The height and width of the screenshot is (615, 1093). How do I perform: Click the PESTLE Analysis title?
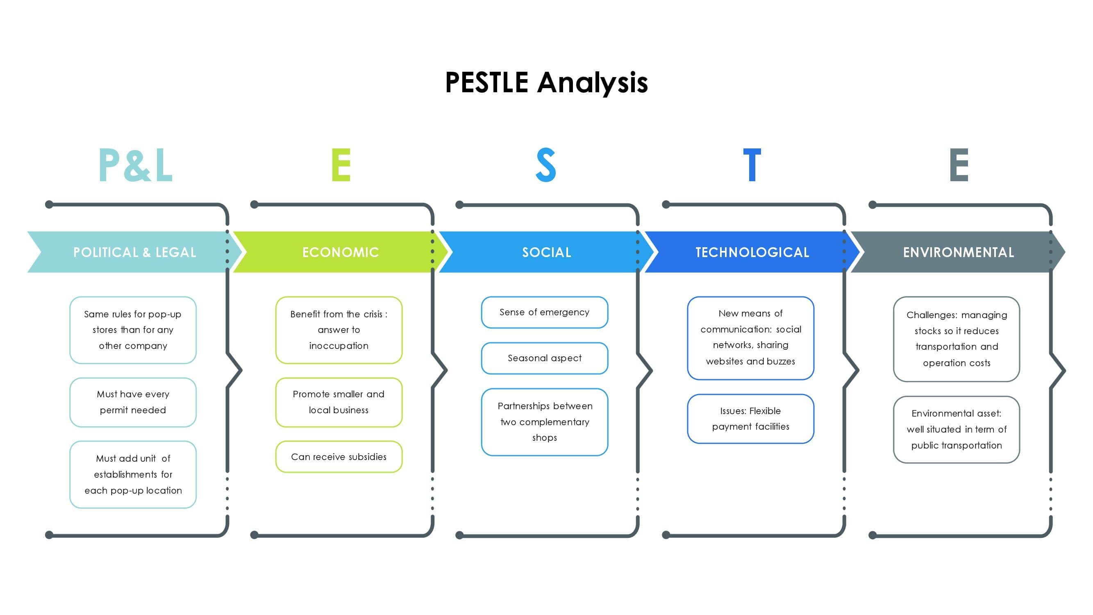tap(547, 83)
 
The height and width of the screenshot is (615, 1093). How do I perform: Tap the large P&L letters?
tap(136, 165)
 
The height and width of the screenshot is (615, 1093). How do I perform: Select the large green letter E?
tap(341, 165)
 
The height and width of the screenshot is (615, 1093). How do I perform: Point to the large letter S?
tap(546, 165)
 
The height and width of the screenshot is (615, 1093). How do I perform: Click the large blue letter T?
tap(752, 165)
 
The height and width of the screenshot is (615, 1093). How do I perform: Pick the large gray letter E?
tap(959, 165)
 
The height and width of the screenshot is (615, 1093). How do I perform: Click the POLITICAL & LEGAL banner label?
tap(135, 253)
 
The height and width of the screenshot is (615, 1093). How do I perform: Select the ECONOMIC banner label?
tap(341, 253)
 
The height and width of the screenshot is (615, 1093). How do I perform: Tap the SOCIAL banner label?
tap(547, 253)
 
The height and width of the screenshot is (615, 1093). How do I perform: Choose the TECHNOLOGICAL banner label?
tap(752, 253)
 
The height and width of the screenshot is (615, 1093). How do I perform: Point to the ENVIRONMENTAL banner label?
tap(959, 253)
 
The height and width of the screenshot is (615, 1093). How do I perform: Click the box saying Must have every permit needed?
tap(133, 402)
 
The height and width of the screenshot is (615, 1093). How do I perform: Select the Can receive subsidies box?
tap(339, 457)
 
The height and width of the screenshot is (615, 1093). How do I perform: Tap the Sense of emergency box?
tap(544, 312)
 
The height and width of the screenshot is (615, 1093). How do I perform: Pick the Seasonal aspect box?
tap(544, 358)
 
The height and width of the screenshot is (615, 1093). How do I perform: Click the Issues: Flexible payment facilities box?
tap(750, 419)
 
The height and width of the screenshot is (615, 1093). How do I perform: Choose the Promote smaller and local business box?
tap(339, 402)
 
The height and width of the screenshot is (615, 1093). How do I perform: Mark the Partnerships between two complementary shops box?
tap(544, 422)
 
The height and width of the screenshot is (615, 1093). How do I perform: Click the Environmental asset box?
tap(957, 430)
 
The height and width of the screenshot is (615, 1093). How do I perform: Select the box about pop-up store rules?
tap(133, 330)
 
